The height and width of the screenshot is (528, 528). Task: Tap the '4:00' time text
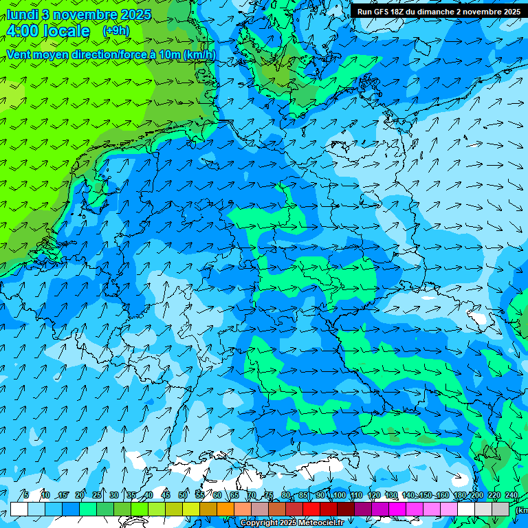click(25, 32)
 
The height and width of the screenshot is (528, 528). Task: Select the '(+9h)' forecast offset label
click(115, 31)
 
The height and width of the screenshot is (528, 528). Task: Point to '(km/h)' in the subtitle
click(200, 55)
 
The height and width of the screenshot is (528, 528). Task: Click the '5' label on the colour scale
click(26, 496)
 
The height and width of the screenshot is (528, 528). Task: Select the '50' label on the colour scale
click(183, 496)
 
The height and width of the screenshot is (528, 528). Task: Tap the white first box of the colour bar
click(19, 509)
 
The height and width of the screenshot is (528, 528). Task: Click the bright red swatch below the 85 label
click(311, 509)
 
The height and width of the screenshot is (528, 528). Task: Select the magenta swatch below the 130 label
click(397, 509)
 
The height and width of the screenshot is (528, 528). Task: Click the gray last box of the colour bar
click(500, 509)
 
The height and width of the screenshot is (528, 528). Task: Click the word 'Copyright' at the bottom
click(258, 523)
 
